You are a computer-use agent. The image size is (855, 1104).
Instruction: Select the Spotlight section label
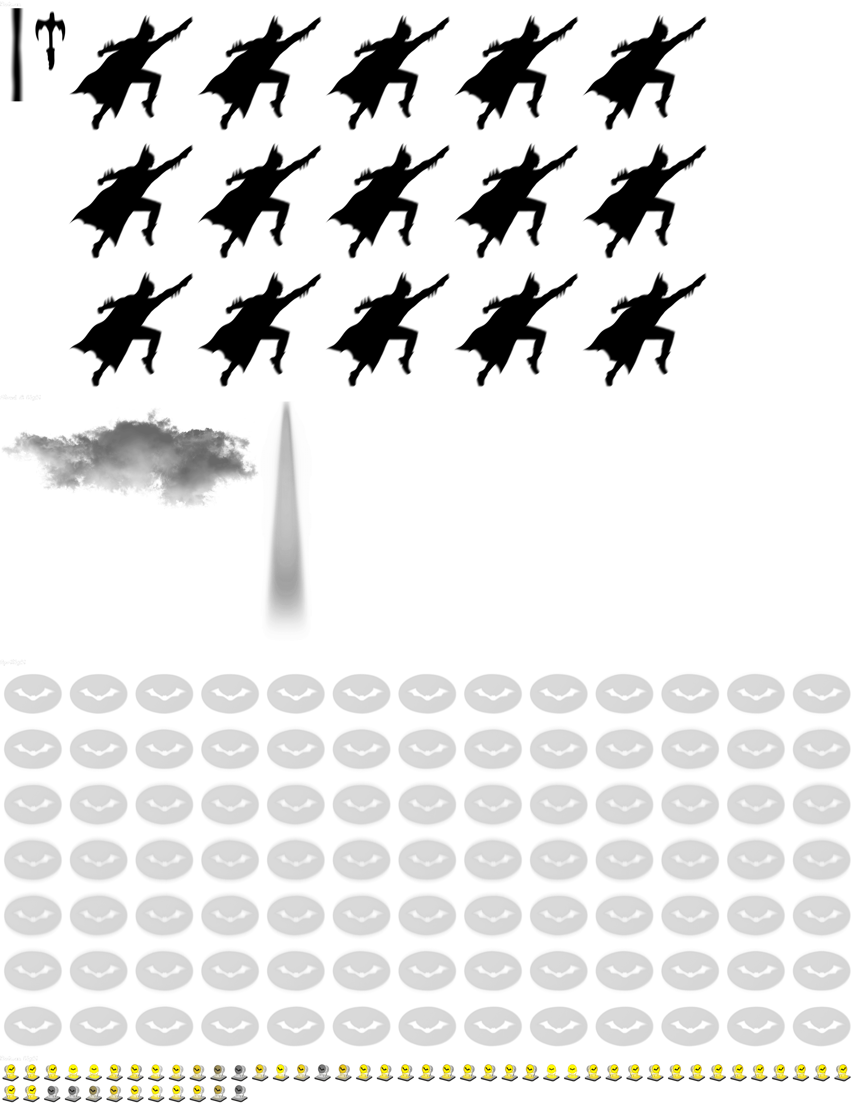point(13,662)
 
